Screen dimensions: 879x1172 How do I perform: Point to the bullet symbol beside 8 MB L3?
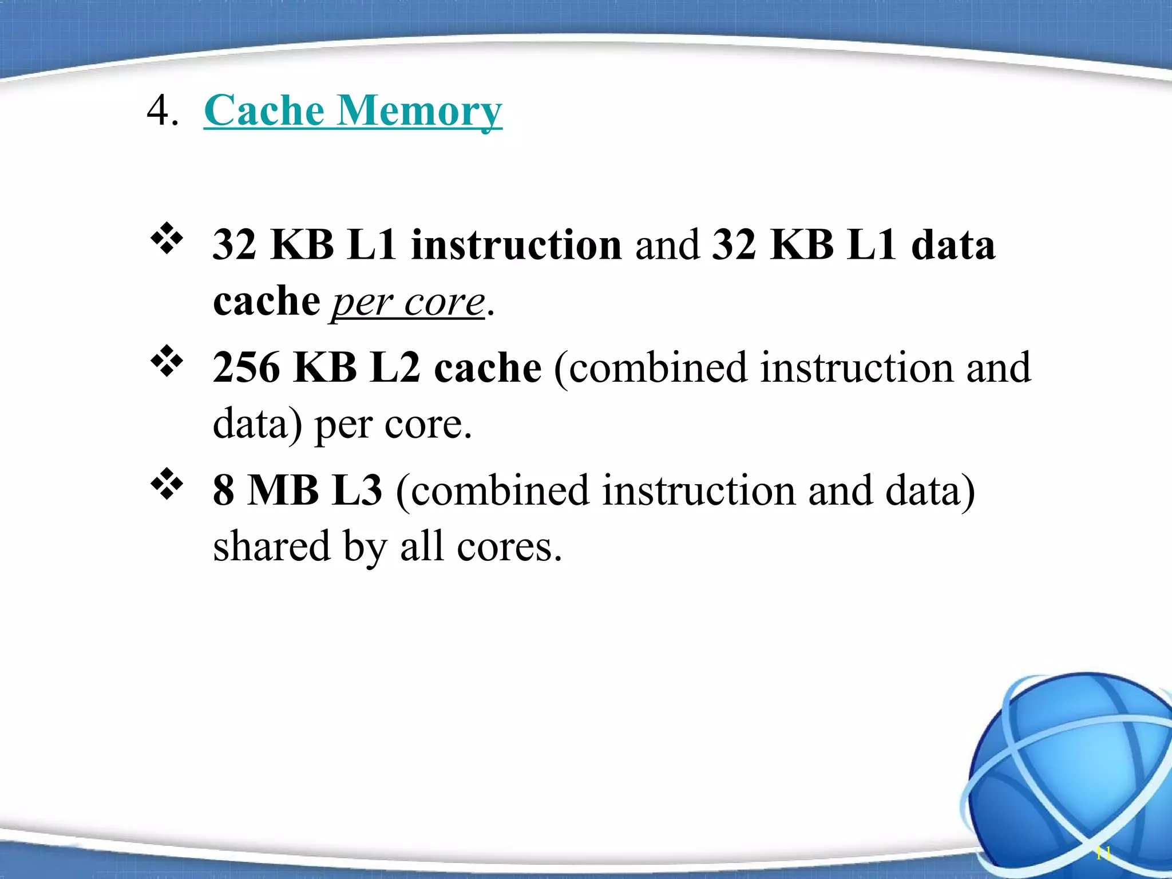[x=167, y=485]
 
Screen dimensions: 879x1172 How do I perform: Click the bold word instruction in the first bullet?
[x=516, y=245]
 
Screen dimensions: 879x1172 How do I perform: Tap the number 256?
[x=247, y=367]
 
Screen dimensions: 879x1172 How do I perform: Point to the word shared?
[x=272, y=547]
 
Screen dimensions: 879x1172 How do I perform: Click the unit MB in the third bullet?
[x=283, y=490]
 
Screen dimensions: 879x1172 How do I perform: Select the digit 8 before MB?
[x=224, y=490]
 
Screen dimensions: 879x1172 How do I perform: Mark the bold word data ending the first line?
[x=953, y=245]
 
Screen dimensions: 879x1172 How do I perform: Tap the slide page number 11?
[x=1103, y=853]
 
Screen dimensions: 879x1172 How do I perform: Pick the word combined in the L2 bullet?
[x=658, y=367]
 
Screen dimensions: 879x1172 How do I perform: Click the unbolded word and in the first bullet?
[x=667, y=245]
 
